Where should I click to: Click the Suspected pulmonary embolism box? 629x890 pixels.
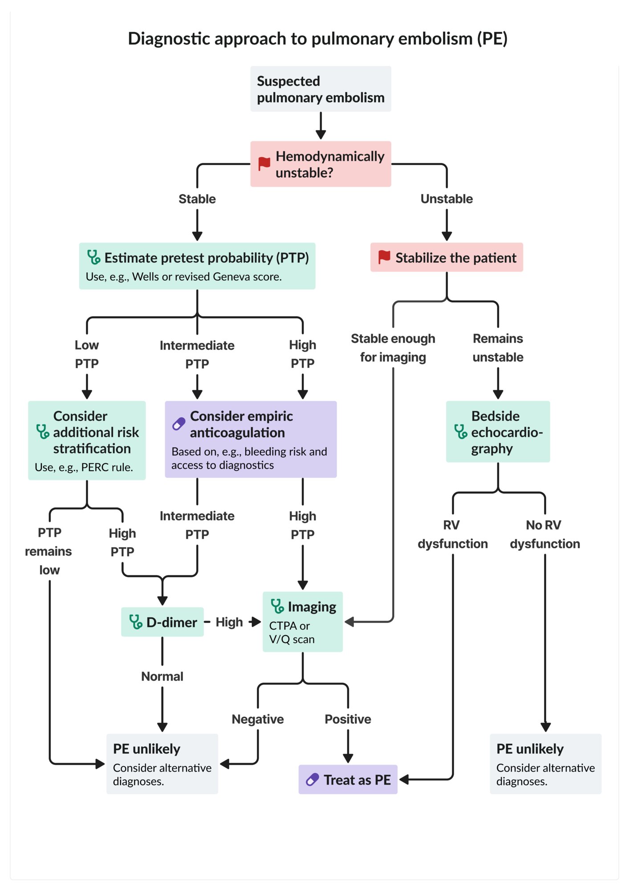pos(321,89)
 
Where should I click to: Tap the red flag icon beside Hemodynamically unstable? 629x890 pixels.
pos(264,163)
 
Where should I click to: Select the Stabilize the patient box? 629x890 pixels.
pos(446,257)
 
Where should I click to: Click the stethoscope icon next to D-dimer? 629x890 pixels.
pos(135,622)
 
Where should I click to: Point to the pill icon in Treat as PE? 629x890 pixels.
pos(312,780)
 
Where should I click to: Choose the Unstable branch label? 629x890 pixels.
pos(446,199)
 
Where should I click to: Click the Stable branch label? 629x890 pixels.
pos(197,199)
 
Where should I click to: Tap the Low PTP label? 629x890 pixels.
pos(87,354)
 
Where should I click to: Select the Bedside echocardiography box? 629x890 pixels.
pos(498,431)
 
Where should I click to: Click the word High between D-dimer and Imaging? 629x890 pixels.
pos(229,622)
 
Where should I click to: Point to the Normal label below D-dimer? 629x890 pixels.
pos(162,676)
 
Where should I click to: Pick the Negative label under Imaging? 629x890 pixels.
pos(258,719)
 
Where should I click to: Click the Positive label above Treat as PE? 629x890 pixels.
pos(348,719)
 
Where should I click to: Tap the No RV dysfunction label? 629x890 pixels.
pos(545,534)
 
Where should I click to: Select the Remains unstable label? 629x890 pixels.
pos(498,348)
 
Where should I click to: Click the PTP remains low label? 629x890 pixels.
pos(49,551)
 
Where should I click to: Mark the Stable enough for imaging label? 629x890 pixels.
pos(393,348)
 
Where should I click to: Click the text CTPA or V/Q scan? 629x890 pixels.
pos(292,632)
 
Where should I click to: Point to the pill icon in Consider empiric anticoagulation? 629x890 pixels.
pos(179,424)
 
